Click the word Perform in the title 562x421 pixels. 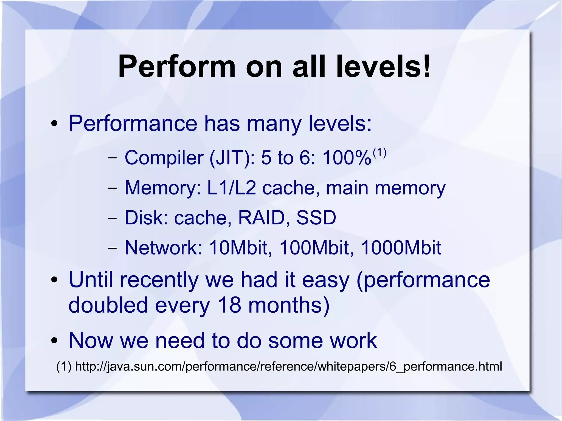177,67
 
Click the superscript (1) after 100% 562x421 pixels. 380,153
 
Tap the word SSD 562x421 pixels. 316,218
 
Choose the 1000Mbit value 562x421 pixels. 401,248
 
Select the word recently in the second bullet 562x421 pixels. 159,280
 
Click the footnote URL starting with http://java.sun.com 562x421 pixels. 288,366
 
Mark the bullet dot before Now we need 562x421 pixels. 54,341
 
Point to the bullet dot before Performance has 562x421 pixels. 54,124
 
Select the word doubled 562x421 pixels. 108,305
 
